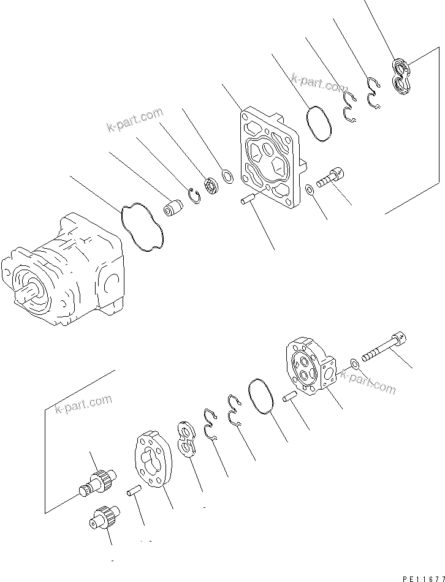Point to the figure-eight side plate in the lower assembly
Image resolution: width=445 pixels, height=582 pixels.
click(185, 437)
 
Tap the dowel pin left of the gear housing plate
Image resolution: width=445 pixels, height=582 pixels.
click(134, 490)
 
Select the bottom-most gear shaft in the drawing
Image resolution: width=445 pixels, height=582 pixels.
click(103, 515)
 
